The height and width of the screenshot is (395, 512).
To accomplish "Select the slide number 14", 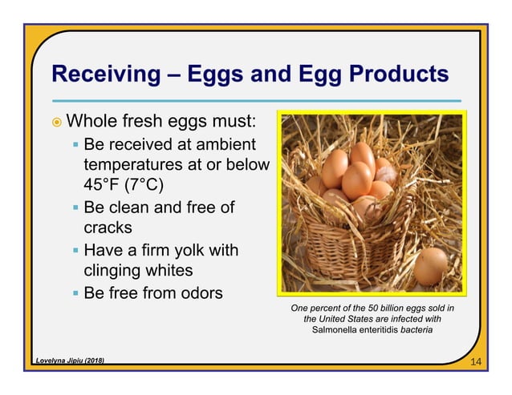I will point(476,363).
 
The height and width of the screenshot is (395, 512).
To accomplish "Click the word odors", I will point(197,292).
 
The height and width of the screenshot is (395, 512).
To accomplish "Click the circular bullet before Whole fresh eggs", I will point(54,123).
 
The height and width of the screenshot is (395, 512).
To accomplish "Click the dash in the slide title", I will point(172,75).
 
